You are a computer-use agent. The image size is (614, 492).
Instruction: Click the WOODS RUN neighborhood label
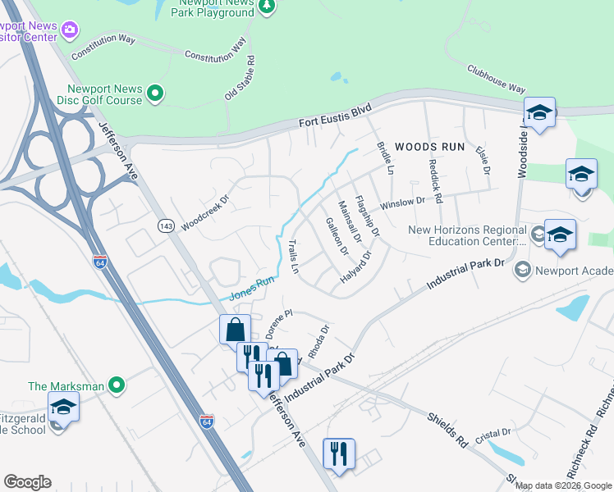coord(429,147)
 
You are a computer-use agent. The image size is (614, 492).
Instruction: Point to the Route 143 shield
coord(167,225)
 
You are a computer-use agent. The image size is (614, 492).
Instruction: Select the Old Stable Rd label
coord(239,78)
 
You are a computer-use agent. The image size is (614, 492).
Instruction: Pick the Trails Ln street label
coord(294,257)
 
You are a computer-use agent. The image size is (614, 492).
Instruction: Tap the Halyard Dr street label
coord(357,268)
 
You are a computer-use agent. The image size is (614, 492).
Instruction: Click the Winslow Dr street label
coord(401,203)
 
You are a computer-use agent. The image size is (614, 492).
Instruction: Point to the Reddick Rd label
coord(436,181)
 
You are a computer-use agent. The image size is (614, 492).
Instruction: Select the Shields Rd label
coord(447,429)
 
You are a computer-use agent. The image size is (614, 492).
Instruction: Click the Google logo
coord(27,482)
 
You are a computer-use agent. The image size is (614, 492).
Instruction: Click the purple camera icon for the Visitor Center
coord(70,30)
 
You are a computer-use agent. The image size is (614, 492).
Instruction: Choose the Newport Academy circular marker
coord(520,270)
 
